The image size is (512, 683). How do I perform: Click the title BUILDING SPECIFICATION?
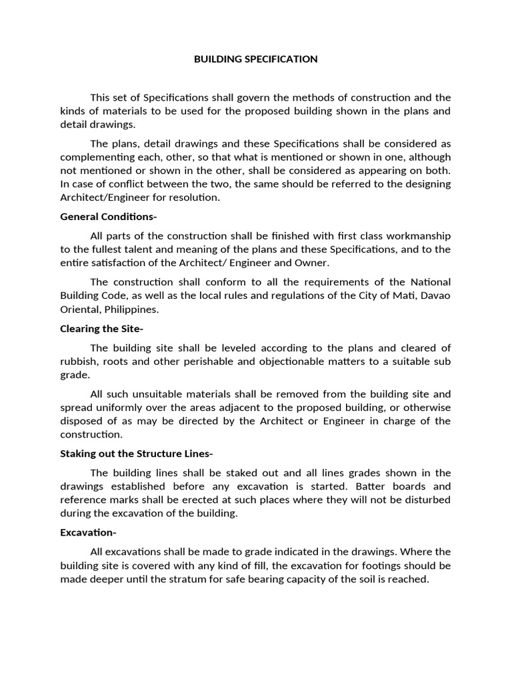click(x=255, y=59)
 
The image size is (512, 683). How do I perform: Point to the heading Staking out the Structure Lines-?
click(x=137, y=454)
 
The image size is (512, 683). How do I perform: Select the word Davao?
click(x=434, y=296)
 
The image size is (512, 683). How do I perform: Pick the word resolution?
click(x=195, y=198)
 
